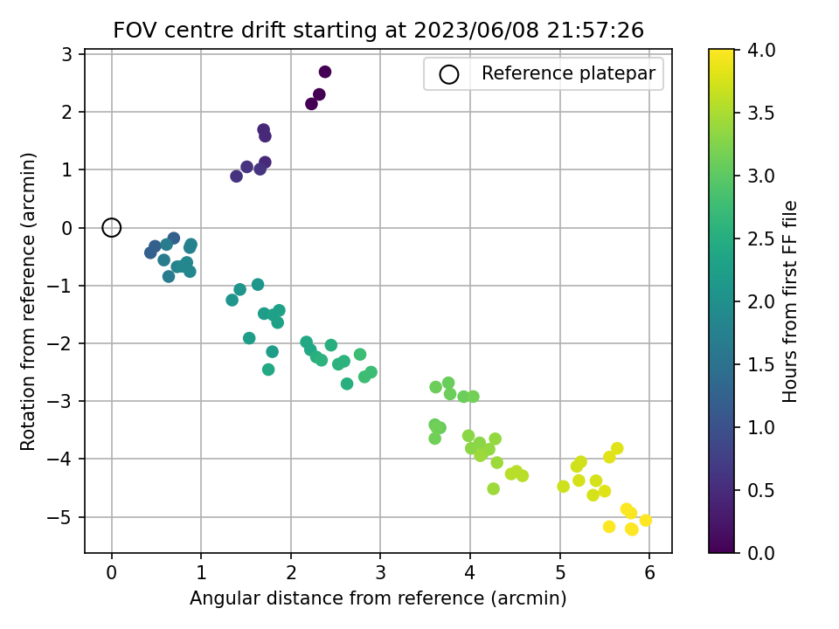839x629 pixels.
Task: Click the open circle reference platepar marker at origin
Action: [111, 227]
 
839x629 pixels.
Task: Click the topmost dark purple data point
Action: [325, 72]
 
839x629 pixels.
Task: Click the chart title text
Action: [378, 31]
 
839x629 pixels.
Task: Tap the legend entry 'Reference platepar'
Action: [568, 74]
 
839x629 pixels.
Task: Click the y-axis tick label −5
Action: [66, 517]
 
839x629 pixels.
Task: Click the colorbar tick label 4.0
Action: [764, 50]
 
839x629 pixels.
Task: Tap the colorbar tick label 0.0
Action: [764, 552]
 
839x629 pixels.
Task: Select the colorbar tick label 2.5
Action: [764, 238]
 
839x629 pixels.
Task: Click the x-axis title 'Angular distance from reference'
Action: [378, 598]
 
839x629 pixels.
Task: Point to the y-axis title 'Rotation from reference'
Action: [29, 301]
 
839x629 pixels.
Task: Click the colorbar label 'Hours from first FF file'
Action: [791, 301]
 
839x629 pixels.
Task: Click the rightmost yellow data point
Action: [646, 520]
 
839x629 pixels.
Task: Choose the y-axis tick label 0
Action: [70, 228]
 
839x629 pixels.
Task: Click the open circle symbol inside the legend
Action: [448, 74]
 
